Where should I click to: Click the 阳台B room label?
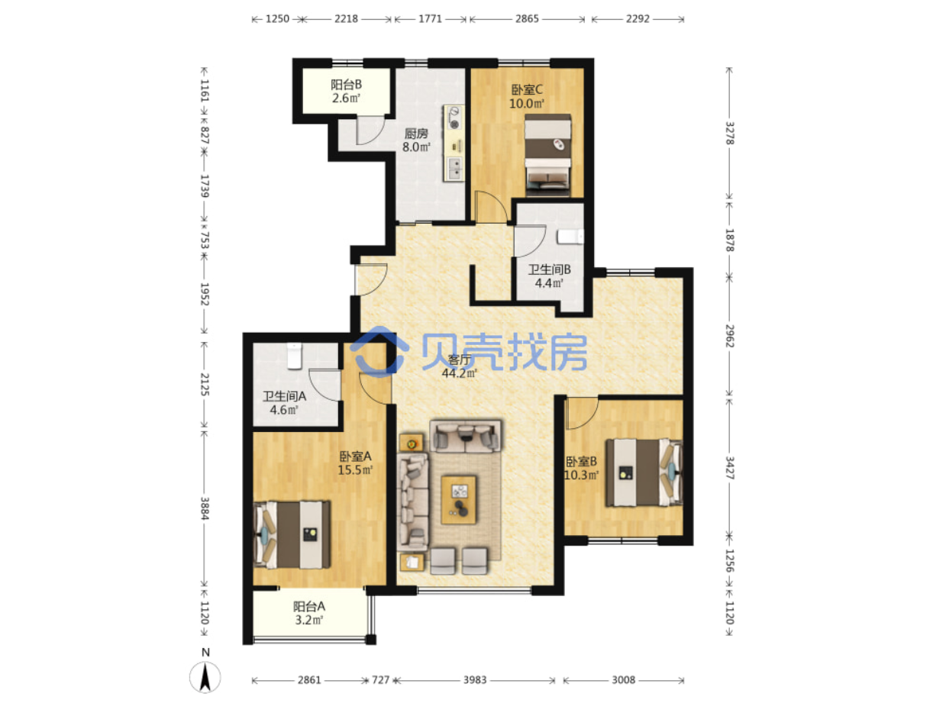point(346,85)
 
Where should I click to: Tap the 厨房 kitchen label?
point(415,134)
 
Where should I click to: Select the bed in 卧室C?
point(547,155)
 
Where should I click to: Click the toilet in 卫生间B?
point(570,237)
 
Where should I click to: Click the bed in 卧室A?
point(292,535)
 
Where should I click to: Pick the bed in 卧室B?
point(643,472)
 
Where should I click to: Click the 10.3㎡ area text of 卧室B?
point(581,476)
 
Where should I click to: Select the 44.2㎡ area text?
point(460,373)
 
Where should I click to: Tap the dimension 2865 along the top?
point(527,18)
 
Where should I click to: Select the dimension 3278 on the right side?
point(729,133)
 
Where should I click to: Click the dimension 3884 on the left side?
point(204,508)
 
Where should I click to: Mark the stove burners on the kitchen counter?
point(454,118)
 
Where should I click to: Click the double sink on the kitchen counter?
point(454,168)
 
